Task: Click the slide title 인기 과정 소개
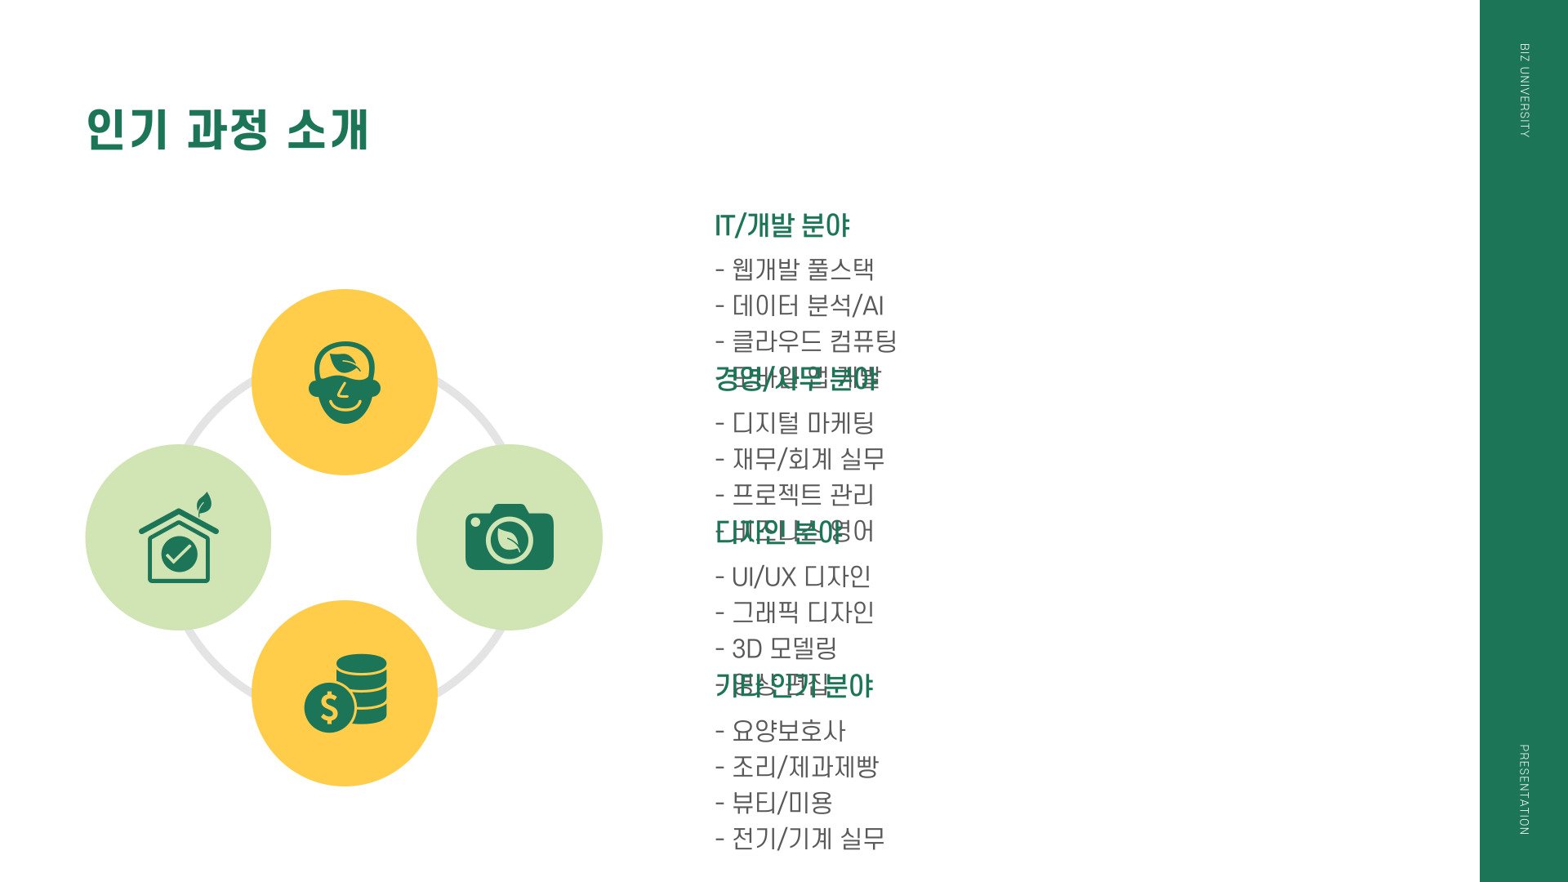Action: [228, 129]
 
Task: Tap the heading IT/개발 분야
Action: [782, 225]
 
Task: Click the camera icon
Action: [510, 537]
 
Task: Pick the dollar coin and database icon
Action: [345, 693]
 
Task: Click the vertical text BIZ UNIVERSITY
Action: [1524, 90]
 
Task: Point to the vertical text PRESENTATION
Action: [1524, 789]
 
